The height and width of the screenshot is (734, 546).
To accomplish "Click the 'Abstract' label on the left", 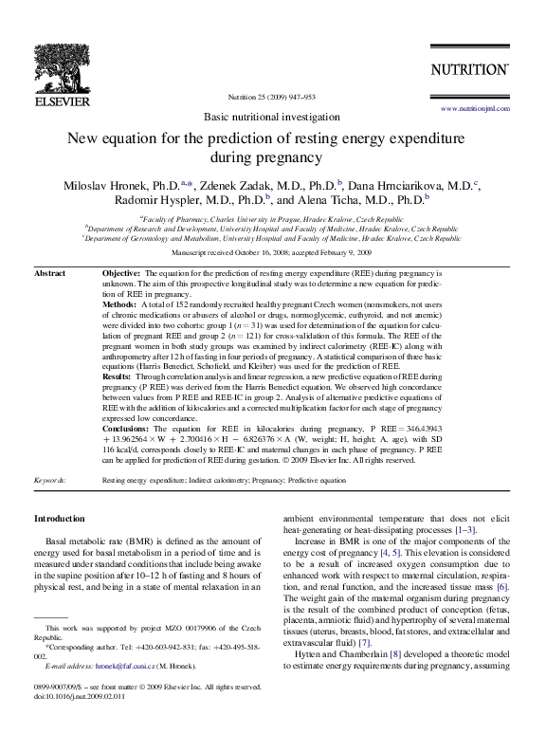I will click(x=49, y=273).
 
